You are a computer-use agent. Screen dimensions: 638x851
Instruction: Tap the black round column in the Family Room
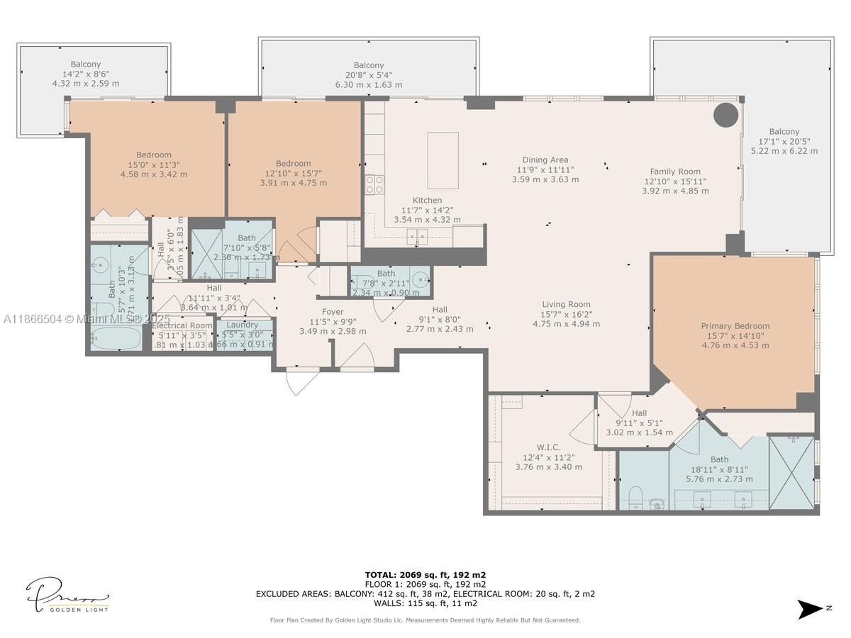725,115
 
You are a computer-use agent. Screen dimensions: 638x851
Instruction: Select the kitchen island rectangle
443,160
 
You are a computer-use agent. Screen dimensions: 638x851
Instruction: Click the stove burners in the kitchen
374,185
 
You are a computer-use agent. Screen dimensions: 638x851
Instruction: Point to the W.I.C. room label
548,447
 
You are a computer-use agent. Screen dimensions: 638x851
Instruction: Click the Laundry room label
243,325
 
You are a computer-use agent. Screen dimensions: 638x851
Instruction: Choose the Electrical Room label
182,325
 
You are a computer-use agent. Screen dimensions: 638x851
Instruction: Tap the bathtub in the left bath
116,337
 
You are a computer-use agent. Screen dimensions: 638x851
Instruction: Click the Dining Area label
545,160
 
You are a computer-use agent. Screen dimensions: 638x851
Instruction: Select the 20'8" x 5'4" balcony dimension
369,75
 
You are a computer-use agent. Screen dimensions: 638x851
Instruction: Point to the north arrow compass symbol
809,609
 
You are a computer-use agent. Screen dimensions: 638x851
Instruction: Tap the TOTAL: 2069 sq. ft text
425,575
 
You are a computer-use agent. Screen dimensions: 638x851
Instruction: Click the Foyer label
333,312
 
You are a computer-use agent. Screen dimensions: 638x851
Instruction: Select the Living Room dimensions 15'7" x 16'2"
566,314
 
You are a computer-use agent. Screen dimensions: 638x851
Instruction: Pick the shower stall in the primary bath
791,473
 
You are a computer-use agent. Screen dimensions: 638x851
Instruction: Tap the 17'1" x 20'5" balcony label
784,141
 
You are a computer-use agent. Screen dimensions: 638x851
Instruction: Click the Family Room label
675,172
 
